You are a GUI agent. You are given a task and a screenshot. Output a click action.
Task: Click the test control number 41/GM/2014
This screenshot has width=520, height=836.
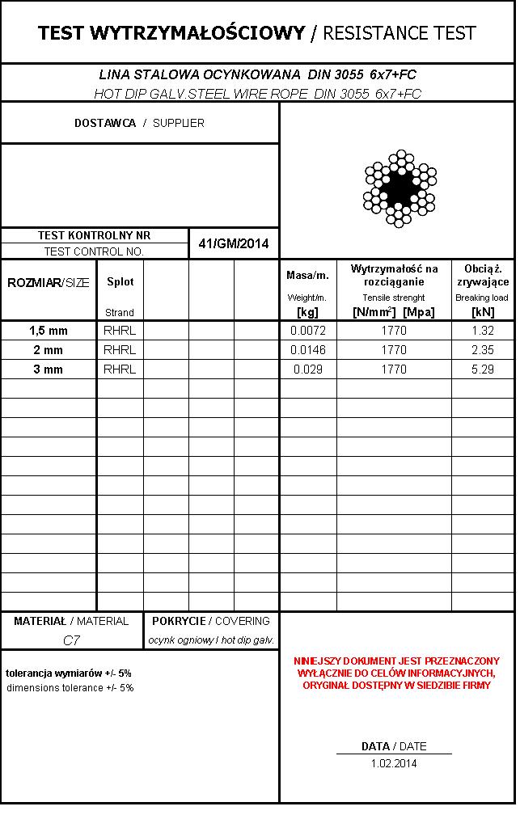tap(234, 243)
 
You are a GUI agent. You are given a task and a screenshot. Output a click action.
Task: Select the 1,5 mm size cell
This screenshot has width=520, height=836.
tap(49, 331)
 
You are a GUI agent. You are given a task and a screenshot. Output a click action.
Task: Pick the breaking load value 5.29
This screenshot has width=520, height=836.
tap(483, 369)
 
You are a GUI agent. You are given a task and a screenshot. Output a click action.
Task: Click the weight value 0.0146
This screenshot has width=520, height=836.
tap(307, 350)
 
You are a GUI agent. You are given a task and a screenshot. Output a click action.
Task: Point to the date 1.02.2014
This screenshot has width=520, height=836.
tap(394, 763)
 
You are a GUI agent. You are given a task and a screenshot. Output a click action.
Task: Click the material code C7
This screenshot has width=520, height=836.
tap(71, 640)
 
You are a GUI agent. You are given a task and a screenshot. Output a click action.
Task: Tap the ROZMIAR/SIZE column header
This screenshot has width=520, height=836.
tap(49, 282)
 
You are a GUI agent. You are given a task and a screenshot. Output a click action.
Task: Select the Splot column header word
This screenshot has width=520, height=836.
tap(120, 282)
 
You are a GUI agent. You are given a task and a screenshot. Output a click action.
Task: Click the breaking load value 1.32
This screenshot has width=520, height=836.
tap(483, 331)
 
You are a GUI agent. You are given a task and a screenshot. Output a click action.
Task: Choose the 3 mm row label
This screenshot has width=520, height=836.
tap(49, 369)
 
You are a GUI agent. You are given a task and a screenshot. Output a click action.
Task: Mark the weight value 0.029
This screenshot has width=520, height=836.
tap(307, 369)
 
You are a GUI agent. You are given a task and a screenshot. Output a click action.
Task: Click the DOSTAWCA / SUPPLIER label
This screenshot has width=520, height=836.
tap(139, 123)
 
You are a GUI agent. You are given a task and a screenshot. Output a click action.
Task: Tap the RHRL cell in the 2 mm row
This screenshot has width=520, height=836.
tap(120, 350)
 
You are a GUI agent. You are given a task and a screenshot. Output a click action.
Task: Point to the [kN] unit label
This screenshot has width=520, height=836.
tap(483, 312)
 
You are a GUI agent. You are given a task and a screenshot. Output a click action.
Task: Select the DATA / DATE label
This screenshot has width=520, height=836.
tap(394, 746)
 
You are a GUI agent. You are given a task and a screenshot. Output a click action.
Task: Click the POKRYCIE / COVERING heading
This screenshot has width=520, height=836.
tap(211, 621)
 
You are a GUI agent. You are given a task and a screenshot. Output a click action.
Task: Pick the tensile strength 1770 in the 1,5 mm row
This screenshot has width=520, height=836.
tap(394, 331)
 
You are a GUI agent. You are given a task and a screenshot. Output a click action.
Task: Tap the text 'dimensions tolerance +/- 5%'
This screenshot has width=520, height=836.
tap(70, 688)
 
